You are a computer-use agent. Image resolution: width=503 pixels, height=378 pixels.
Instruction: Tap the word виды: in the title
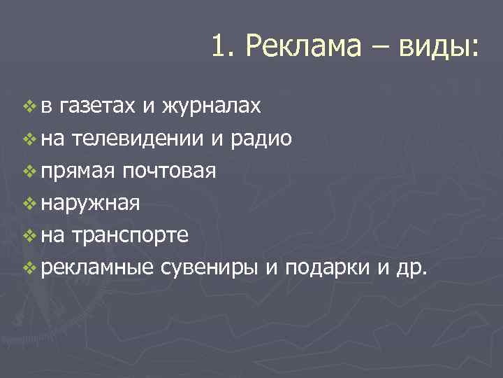coord(439,47)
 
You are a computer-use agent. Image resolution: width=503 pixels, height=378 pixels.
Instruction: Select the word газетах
coord(96,106)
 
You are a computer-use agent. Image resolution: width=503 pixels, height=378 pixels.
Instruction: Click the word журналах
coord(212,106)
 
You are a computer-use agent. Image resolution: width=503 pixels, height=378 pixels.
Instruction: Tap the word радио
coord(264,139)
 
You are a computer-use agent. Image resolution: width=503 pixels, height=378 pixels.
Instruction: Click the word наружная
coord(91,204)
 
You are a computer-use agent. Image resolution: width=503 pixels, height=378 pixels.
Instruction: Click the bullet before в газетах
coord(28,106)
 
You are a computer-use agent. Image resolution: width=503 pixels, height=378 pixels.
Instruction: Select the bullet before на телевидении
coord(28,139)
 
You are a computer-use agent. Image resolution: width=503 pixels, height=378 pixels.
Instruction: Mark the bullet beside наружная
coord(28,204)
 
